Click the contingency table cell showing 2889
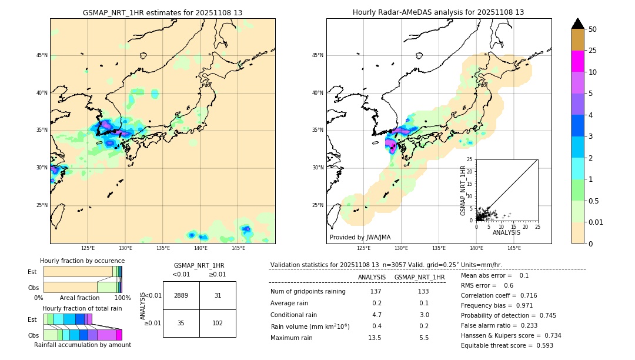click(x=181, y=295)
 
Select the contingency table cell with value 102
click(x=218, y=323)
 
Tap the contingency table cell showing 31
click(x=218, y=295)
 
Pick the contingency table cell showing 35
click(x=181, y=323)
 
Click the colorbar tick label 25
click(x=593, y=51)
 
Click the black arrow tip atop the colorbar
click(x=578, y=22)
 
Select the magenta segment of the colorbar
click(x=578, y=61)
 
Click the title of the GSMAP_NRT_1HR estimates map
click(x=162, y=12)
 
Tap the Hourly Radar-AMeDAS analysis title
click(x=439, y=12)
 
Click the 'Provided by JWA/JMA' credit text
click(x=360, y=238)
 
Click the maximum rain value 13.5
click(x=375, y=338)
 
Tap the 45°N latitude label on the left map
click(x=42, y=55)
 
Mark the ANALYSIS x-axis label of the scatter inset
click(x=506, y=233)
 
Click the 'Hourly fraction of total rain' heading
click(x=82, y=308)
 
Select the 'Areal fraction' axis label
click(x=79, y=298)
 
